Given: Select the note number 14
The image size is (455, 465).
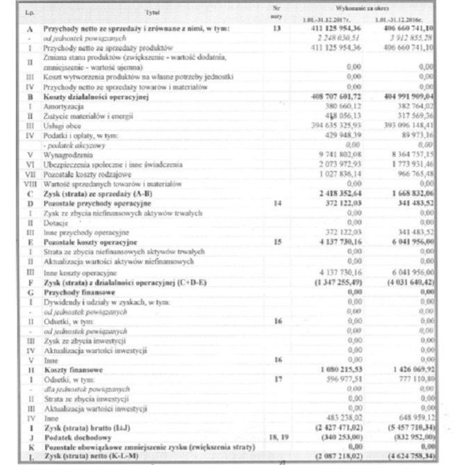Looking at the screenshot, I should [278, 204].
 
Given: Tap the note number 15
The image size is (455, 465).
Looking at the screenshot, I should [278, 242].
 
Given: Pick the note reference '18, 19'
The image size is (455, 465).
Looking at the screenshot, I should [278, 439].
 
